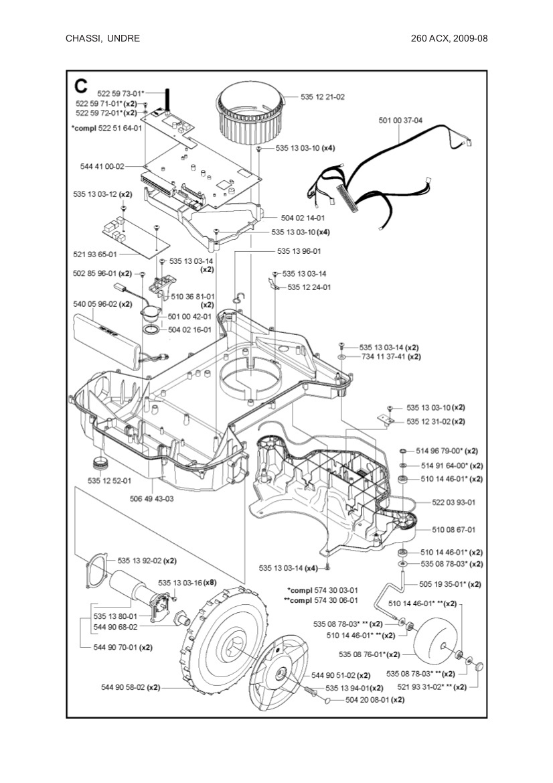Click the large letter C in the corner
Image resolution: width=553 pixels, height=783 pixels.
pos(81,86)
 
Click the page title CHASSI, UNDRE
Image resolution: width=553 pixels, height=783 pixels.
pos(102,38)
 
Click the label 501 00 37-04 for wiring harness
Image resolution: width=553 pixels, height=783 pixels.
pos(400,121)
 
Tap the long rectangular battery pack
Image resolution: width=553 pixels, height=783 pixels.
pos(109,338)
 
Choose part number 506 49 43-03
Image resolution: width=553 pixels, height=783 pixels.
pos(151,498)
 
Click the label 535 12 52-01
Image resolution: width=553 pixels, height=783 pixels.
pos(109,480)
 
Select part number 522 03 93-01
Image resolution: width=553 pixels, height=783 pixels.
pos(453,502)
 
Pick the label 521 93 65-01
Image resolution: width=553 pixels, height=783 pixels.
pos(94,255)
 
